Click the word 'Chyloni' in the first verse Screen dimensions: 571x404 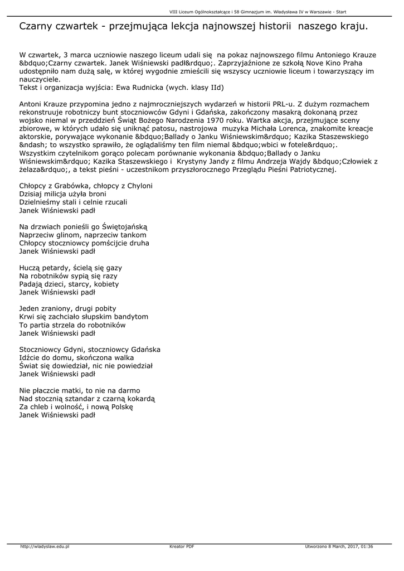click(x=139, y=186)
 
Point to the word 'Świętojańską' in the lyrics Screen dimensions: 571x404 click(x=124, y=227)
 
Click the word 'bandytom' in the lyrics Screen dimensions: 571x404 click(x=132, y=317)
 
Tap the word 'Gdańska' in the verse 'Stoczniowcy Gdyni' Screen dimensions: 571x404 click(x=146, y=350)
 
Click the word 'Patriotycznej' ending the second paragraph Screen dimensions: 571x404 click(x=311, y=170)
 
